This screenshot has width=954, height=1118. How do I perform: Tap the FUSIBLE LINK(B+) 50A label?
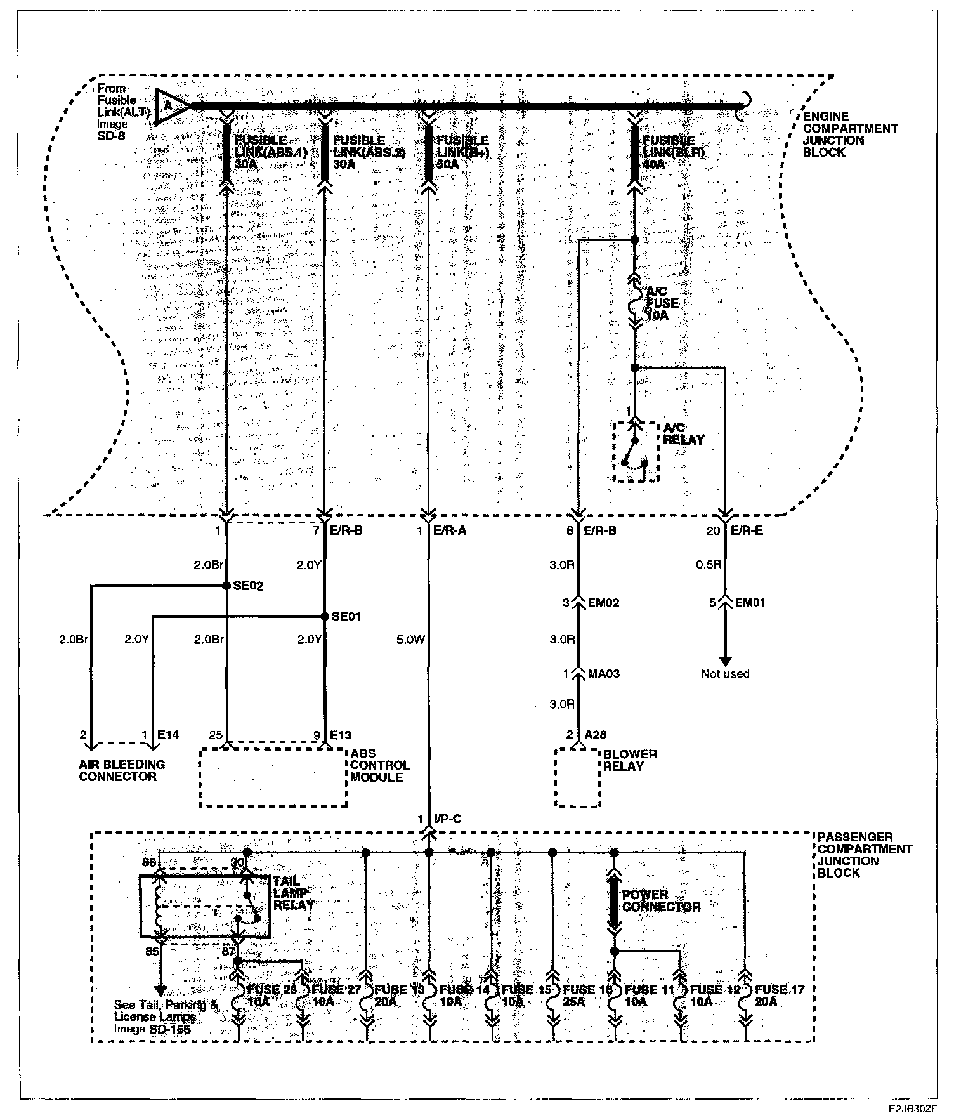click(462, 152)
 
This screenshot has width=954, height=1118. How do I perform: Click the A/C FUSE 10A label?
click(662, 303)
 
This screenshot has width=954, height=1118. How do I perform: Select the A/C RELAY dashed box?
click(636, 451)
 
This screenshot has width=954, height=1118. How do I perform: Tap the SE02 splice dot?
click(226, 586)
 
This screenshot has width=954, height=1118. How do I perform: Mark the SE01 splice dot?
click(324, 616)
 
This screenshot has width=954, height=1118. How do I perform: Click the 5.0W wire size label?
click(410, 640)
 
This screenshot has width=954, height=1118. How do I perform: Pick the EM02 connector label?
click(603, 603)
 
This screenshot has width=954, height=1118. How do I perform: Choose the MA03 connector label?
click(603, 674)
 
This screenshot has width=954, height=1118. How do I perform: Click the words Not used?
click(725, 674)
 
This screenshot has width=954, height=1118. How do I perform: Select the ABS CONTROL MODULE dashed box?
click(273, 778)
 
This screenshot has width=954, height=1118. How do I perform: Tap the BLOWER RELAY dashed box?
click(578, 778)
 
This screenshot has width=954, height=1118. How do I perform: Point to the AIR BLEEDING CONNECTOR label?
click(122, 770)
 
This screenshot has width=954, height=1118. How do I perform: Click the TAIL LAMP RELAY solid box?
click(205, 907)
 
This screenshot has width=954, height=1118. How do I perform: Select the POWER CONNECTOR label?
click(661, 900)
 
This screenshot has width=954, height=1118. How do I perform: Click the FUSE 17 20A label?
click(780, 995)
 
